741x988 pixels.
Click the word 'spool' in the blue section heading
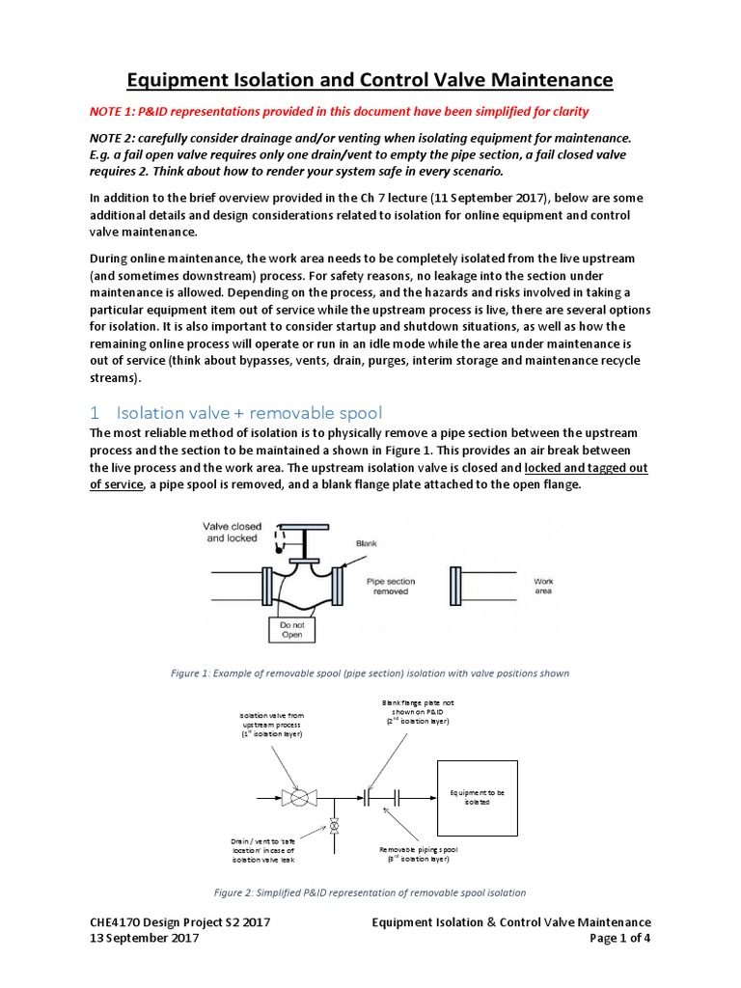(x=324, y=411)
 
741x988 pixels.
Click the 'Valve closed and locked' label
(x=232, y=532)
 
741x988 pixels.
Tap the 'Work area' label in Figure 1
(x=543, y=586)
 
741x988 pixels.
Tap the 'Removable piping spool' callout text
(x=419, y=853)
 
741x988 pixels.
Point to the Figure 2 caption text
(x=370, y=892)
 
